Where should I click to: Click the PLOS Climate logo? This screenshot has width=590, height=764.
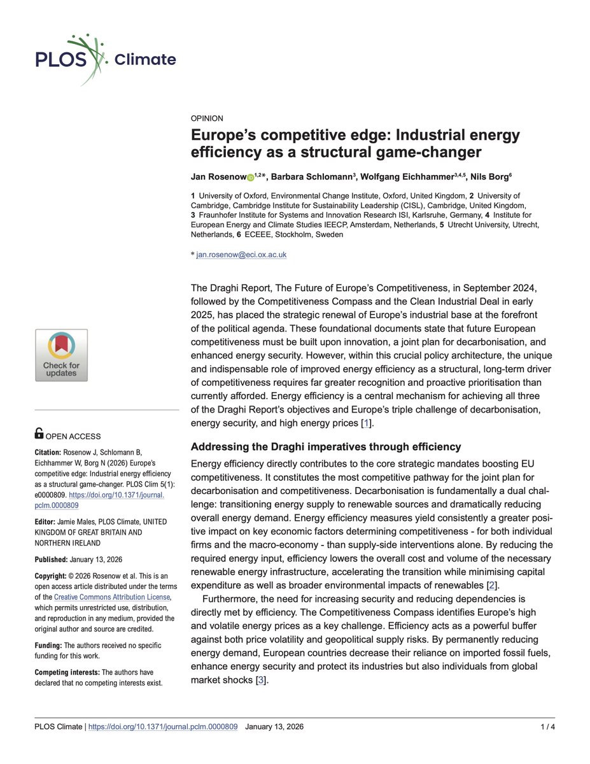[104, 59]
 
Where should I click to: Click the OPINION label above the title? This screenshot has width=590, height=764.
[207, 118]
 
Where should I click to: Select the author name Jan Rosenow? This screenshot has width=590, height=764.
[218, 176]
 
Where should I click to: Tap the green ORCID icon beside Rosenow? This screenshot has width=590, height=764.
[250, 176]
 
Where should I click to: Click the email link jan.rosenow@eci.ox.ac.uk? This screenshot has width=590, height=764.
[242, 254]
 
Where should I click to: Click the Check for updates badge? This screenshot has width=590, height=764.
[61, 355]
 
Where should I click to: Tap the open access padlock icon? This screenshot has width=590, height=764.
[39, 434]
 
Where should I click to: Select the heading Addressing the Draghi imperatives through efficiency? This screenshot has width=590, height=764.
[325, 446]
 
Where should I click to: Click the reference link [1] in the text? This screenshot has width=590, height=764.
[366, 423]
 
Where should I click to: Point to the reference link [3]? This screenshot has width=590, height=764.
[260, 680]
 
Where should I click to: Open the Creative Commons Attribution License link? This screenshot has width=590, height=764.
[112, 597]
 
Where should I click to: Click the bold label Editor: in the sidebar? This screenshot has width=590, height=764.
[47, 521]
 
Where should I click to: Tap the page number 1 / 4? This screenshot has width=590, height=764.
[546, 726]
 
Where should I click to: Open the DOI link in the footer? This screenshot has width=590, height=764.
[163, 726]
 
